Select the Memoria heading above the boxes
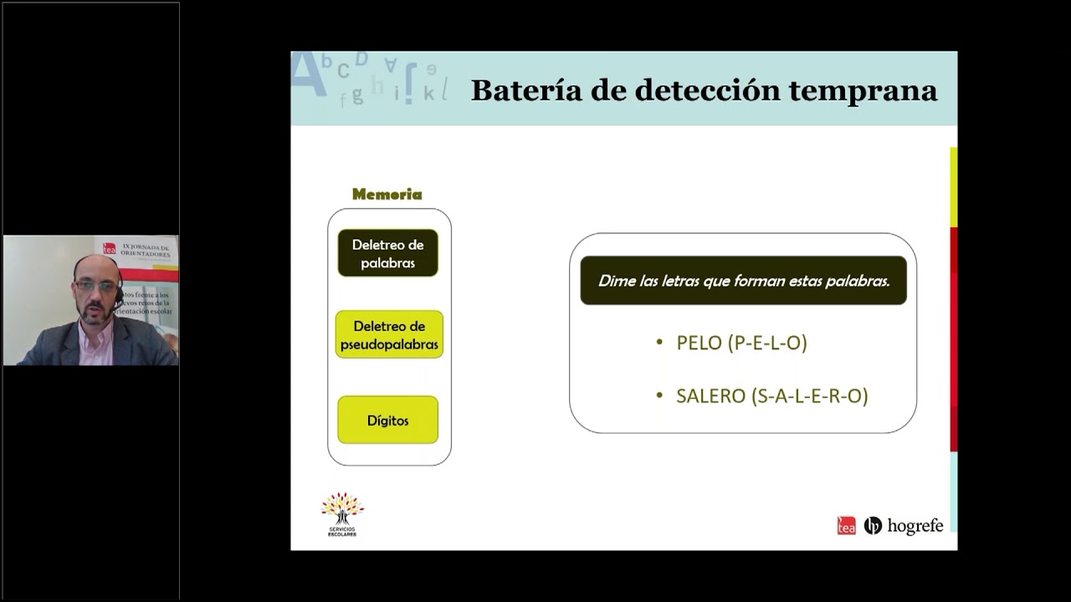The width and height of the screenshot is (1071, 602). coord(387,195)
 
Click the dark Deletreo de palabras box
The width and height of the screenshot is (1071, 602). coord(387,253)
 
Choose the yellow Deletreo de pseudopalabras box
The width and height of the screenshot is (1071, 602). coord(389,334)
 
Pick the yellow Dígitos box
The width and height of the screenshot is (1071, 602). coord(387,420)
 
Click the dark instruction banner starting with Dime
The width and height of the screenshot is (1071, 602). coord(743,281)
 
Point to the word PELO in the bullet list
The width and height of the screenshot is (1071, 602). coord(699,343)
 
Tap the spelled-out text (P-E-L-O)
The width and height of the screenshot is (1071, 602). coord(767,343)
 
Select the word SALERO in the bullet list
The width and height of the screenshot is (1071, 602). coord(710,396)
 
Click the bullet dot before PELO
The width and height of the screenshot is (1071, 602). coord(659,342)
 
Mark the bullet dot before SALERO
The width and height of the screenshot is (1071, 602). coord(659,395)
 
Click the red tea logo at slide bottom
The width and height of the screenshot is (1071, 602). coord(846,526)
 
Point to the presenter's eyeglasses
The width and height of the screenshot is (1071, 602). coord(96,286)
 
